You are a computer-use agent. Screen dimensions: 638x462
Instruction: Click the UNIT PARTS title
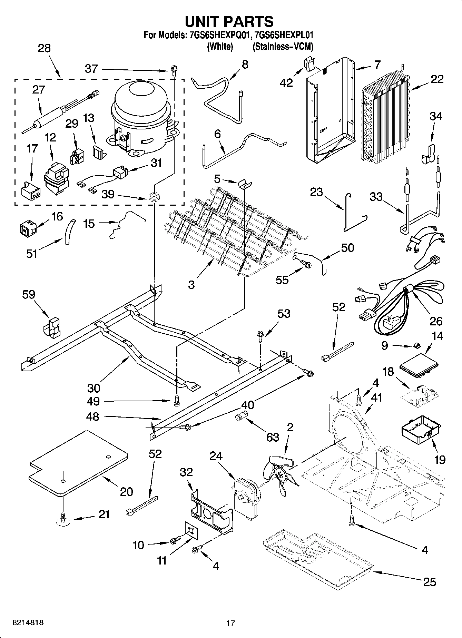click(229, 21)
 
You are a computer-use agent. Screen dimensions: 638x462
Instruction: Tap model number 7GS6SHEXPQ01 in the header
click(216, 35)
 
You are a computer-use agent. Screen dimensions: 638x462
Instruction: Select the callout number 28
click(44, 48)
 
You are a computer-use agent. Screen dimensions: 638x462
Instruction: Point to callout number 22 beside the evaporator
click(437, 79)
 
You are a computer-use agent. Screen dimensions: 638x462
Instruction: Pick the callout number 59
click(29, 294)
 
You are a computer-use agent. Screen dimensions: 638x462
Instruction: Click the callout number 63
click(273, 437)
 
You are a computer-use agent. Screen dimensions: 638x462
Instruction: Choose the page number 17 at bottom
click(230, 623)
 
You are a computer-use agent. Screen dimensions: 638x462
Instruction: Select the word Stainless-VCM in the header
click(283, 47)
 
